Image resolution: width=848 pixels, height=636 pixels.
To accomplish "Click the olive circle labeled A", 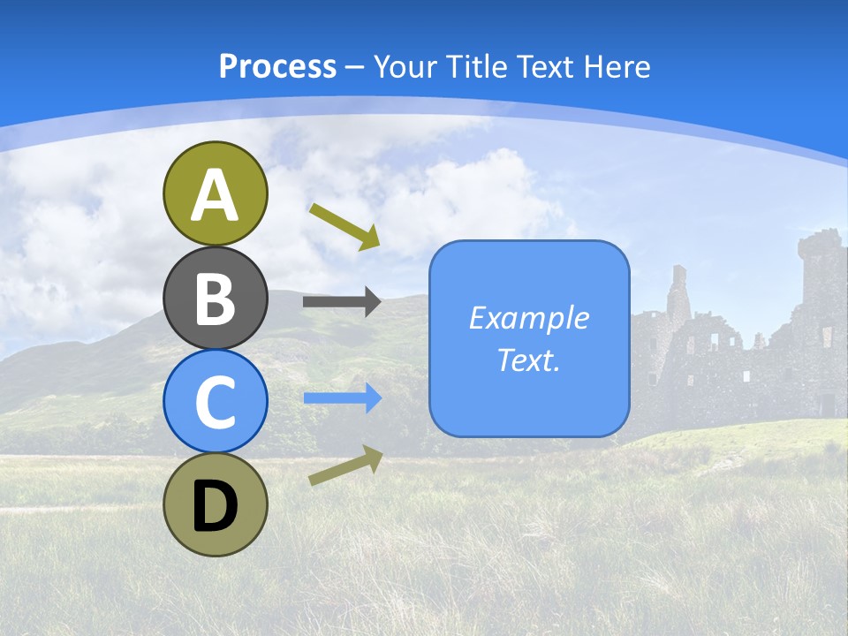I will pos(215,193).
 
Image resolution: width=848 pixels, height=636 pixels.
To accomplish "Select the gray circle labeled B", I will pos(215,298).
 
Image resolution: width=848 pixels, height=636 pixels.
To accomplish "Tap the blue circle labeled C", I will pos(215,401).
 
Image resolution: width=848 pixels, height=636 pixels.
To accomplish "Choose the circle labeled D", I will pos(215,504).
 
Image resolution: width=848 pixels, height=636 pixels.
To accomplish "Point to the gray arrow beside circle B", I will pos(342,302).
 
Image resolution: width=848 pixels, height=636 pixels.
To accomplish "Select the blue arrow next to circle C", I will pos(342,398).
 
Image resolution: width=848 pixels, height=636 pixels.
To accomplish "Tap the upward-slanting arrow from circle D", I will pos(345,466).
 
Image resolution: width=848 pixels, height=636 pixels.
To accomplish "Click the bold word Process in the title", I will pos(277,67).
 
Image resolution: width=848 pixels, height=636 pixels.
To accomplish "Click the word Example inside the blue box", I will pos(529,318).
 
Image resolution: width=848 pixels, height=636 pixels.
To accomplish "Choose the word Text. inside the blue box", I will pos(529,360).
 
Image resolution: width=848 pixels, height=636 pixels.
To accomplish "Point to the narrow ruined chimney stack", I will pos(678,291).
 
